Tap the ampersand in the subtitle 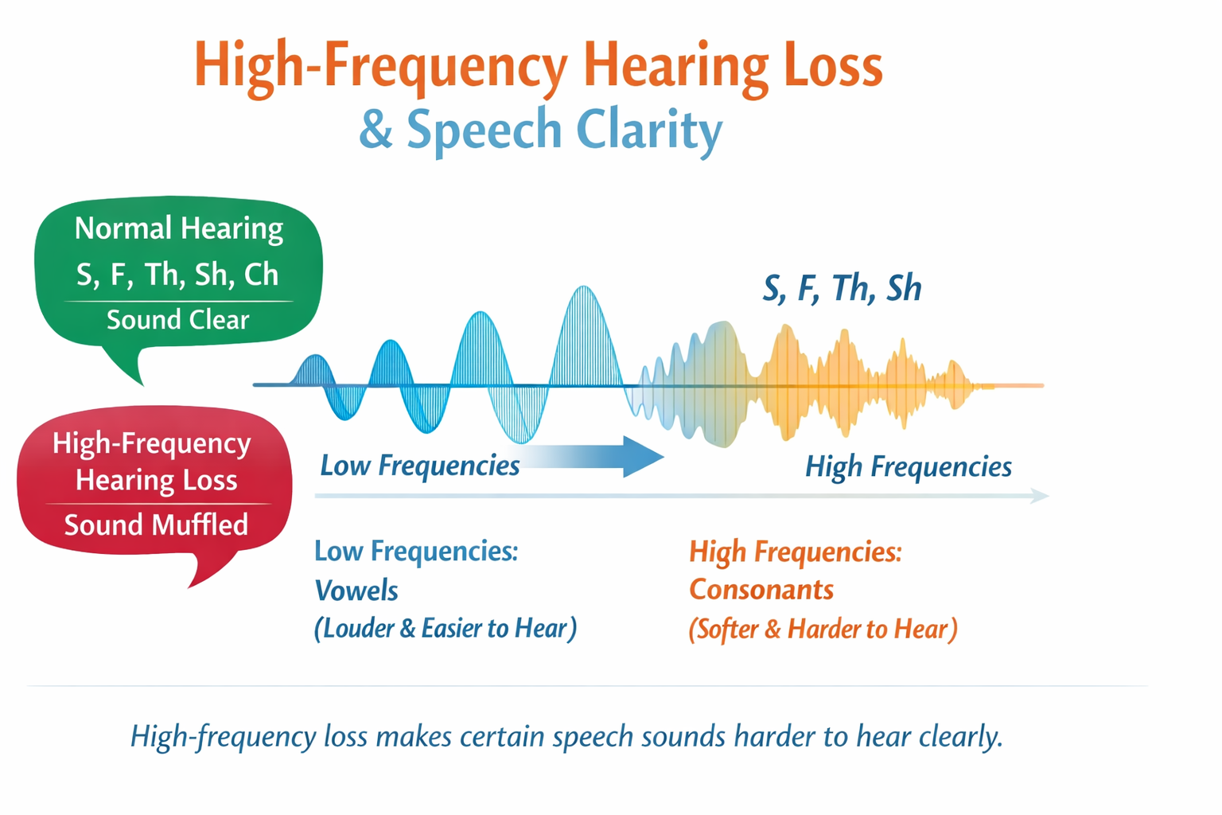pos(376,130)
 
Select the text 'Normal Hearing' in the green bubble pos(178,228)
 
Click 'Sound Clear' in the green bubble pos(178,320)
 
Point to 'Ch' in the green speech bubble pos(261,275)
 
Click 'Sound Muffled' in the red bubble pos(156,525)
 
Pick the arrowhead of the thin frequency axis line pos(1041,496)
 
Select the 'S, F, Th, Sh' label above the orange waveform pos(842,288)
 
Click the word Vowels pos(356,591)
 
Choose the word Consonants pos(761,590)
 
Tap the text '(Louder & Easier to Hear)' pos(446,629)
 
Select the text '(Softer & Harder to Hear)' pos(823,630)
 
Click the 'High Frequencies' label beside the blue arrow pos(909,466)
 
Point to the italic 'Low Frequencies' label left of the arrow pos(420,465)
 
